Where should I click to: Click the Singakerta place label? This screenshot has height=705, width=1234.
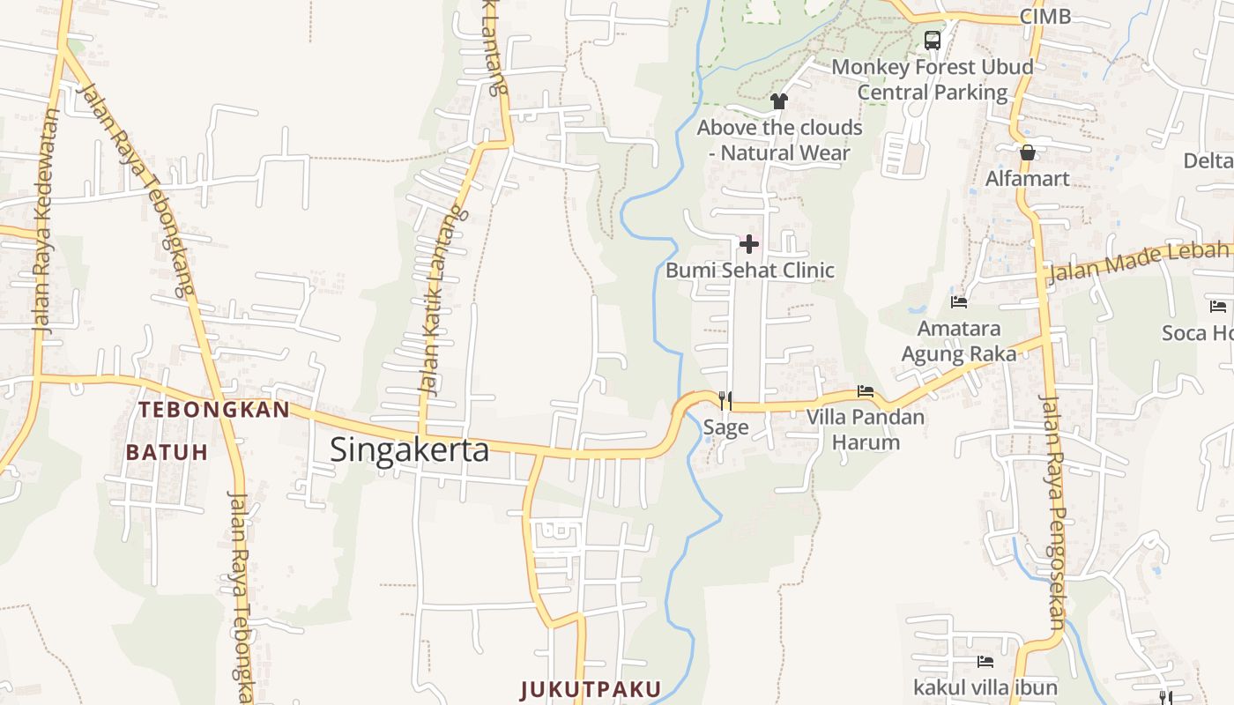(409, 449)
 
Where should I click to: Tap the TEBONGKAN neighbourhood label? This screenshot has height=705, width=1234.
(214, 410)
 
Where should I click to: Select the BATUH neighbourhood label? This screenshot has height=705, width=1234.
(167, 452)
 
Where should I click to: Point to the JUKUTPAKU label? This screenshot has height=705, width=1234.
(591, 689)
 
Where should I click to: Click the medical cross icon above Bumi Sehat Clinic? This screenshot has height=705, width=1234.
(749, 243)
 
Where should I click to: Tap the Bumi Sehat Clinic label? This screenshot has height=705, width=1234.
(749, 270)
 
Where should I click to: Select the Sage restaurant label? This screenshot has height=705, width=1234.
(725, 427)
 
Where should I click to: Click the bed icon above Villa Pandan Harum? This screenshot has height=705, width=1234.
(866, 390)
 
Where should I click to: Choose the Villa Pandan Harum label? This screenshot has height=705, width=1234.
(866, 429)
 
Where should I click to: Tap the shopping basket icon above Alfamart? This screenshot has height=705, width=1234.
(1027, 152)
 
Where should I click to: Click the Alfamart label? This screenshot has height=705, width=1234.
(1027, 178)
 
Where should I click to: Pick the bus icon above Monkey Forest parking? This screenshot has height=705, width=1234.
(933, 40)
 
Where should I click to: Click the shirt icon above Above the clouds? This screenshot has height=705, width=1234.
(778, 101)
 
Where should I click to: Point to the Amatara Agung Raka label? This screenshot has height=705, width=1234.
(959, 341)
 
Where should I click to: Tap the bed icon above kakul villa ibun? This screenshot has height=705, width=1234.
(985, 661)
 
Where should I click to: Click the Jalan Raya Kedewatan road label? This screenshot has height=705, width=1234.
(43, 220)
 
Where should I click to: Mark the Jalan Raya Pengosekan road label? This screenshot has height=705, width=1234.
(1055, 511)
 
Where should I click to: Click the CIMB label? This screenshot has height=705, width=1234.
(1044, 16)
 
